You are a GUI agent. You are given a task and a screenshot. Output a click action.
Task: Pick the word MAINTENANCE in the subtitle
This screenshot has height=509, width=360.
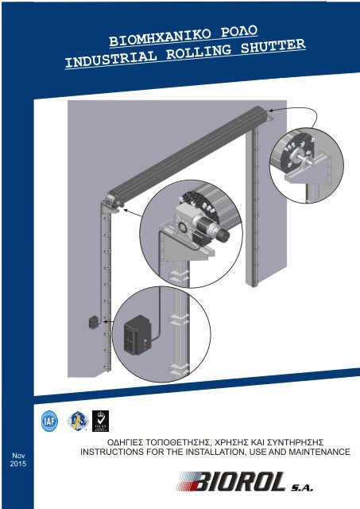click(312, 452)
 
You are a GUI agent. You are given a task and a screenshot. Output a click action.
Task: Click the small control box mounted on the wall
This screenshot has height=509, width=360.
click(92, 323)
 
